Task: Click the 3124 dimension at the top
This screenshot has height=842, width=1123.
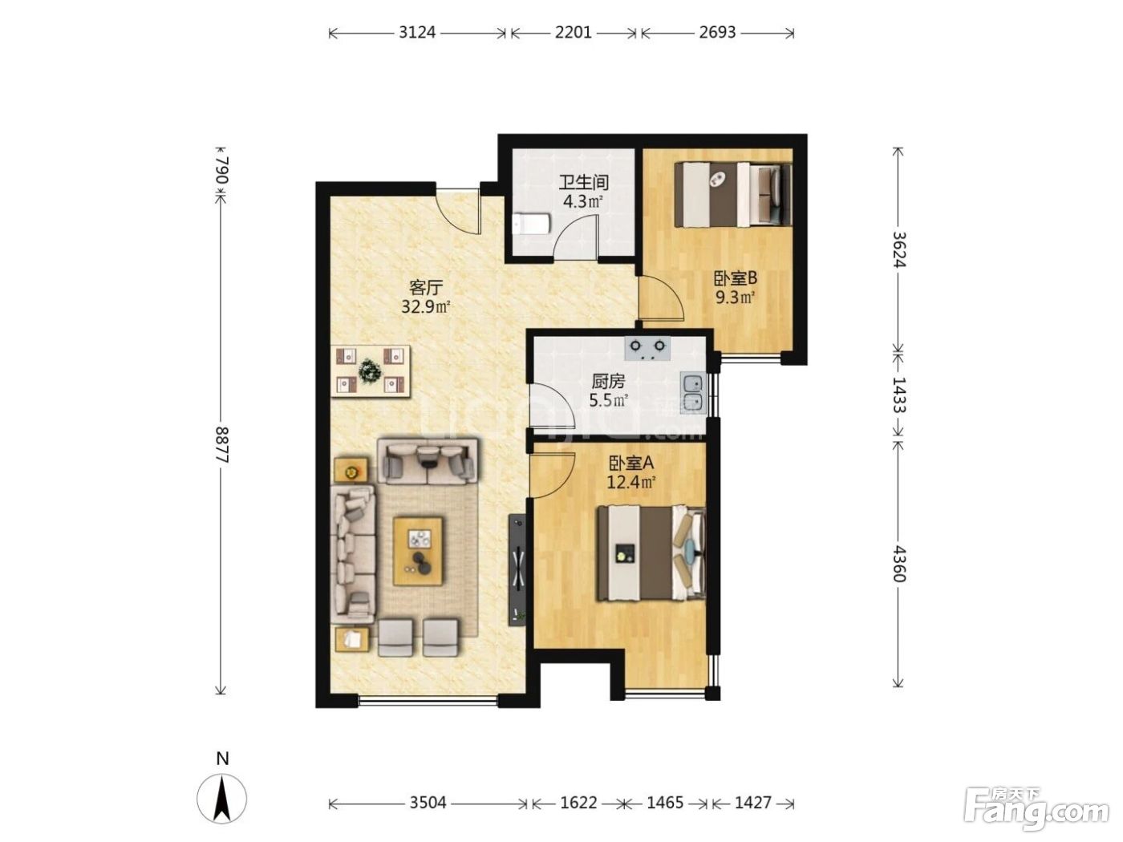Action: pos(417,33)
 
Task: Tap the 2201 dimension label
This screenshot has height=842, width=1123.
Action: pos(573,33)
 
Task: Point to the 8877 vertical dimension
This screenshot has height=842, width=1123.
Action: pos(221,445)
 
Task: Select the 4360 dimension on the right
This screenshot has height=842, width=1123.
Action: pos(898,565)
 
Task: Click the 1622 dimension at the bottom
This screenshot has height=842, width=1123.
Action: pos(578,803)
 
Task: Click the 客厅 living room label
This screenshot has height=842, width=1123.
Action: pos(425,287)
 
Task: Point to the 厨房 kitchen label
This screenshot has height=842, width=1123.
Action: pos(608,382)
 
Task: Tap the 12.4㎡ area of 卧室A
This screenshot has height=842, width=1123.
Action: pos(630,482)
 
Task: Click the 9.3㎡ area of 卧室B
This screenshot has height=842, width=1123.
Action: pos(736,298)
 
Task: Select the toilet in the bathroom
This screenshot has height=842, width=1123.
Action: pos(531,224)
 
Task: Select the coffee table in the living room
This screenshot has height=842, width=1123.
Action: pos(418,552)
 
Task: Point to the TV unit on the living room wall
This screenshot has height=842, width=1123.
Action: pos(517,570)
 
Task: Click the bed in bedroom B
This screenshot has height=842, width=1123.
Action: pos(732,194)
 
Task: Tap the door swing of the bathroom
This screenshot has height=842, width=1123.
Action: pos(577,236)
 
